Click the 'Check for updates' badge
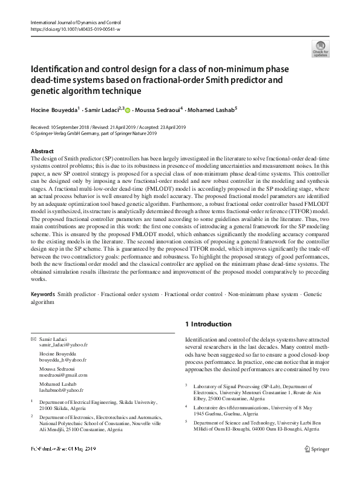pos(320,48)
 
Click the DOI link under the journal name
pos(75,28)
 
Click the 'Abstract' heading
pos(42,151)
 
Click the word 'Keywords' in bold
pos(43,293)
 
